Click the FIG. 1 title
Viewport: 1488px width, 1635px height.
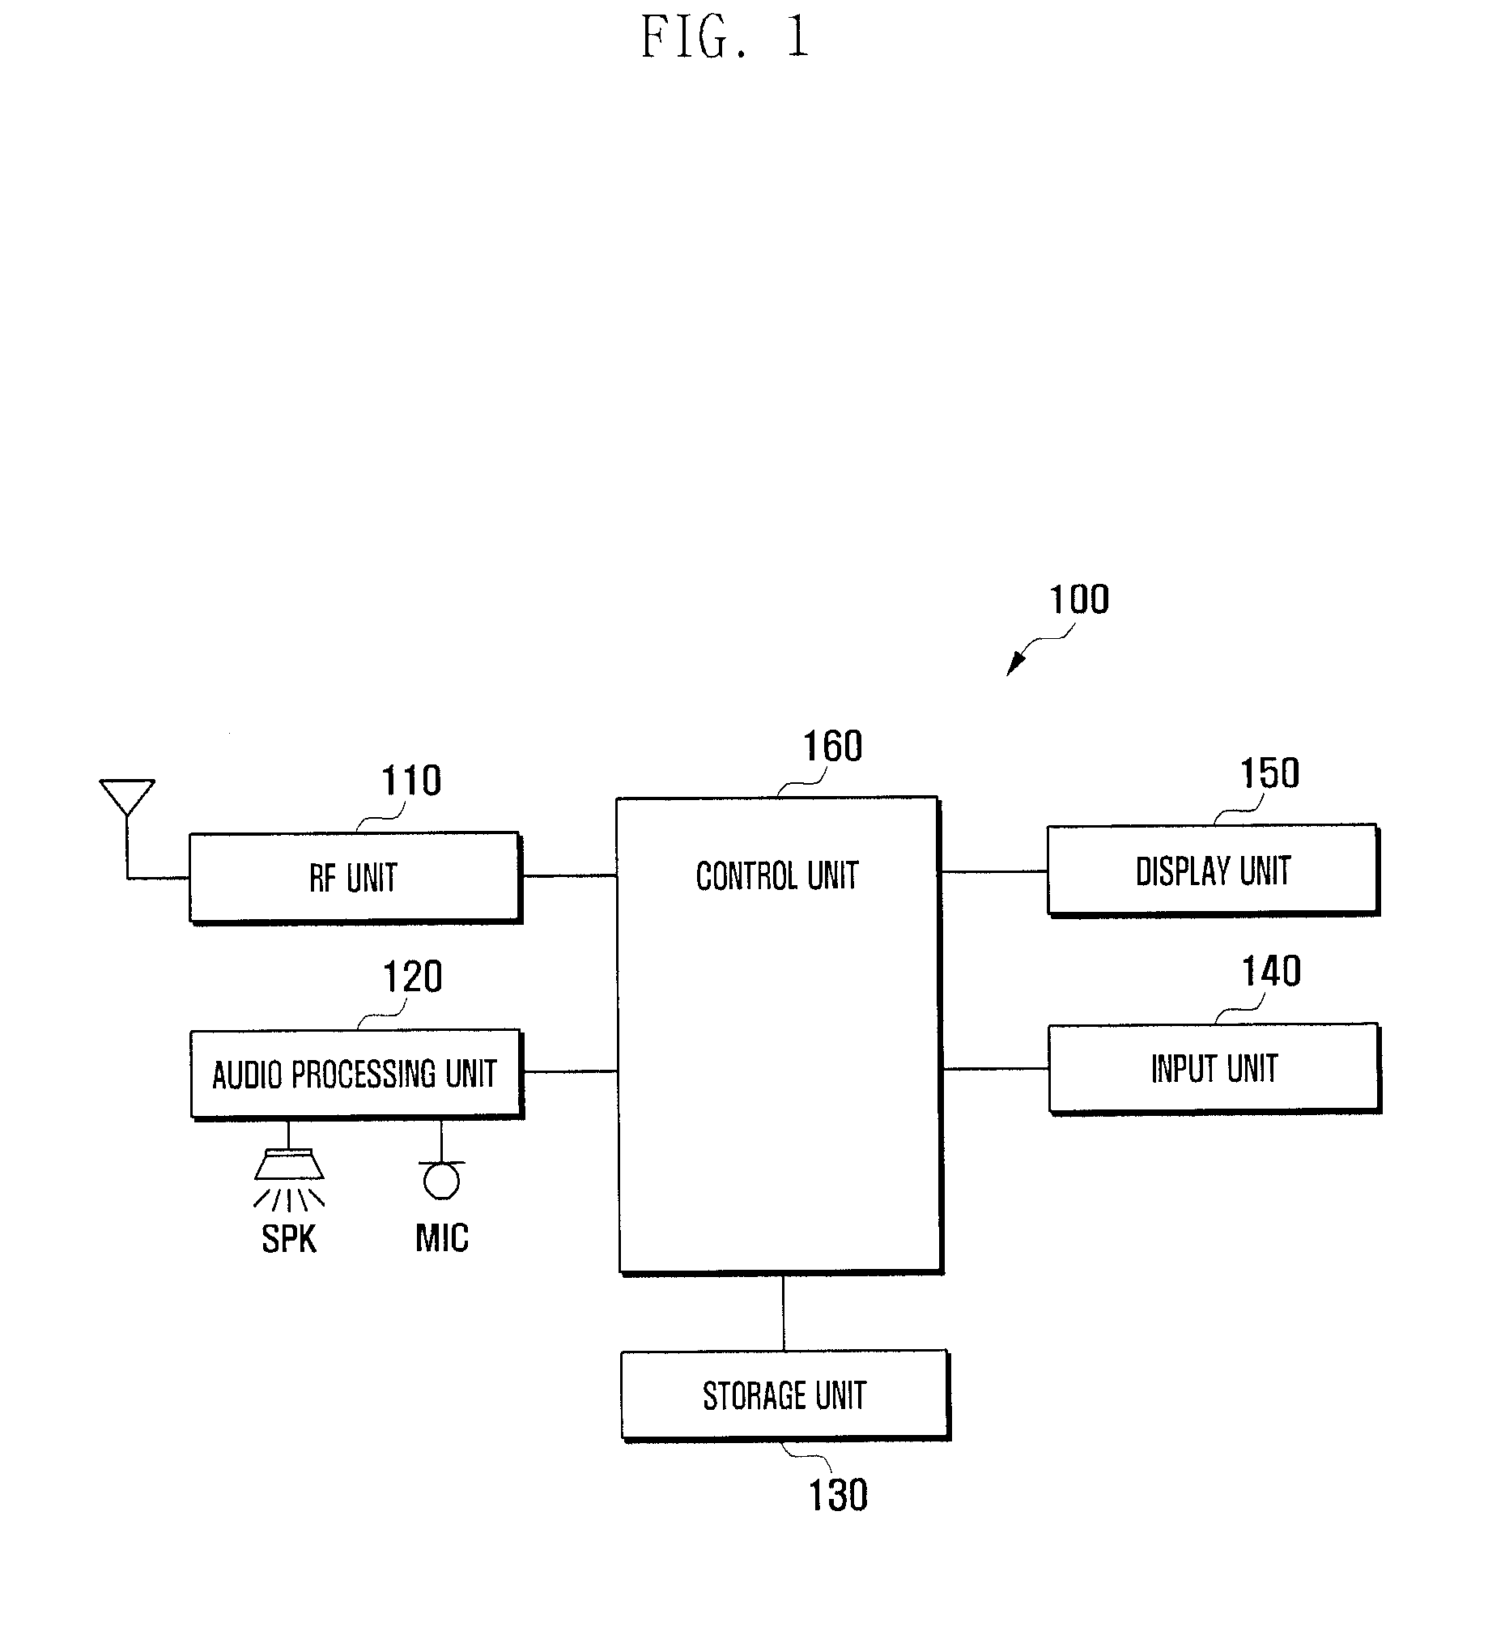coord(724,38)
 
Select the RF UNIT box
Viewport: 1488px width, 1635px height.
coord(355,878)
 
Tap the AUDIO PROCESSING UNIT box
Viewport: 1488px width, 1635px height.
coord(355,1075)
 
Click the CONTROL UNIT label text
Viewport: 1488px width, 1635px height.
coord(777,876)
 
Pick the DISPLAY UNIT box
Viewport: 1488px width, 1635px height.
coord(1212,871)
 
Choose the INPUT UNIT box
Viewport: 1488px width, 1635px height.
coord(1214,1069)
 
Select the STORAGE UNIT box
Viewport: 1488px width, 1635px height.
coord(784,1396)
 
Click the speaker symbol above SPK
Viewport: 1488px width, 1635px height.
coord(289,1165)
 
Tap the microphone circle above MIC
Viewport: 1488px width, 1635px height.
coord(441,1182)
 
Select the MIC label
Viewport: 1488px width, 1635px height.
coord(442,1238)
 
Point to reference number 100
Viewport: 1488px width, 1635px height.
coord(1079,600)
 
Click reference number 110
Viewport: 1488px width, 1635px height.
coord(411,781)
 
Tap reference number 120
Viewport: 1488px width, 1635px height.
coord(412,977)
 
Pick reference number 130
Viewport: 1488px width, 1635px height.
coord(839,1495)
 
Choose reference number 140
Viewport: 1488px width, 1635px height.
coord(1272,971)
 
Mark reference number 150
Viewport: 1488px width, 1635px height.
coord(1270,773)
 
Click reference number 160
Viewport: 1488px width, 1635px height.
coord(832,746)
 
